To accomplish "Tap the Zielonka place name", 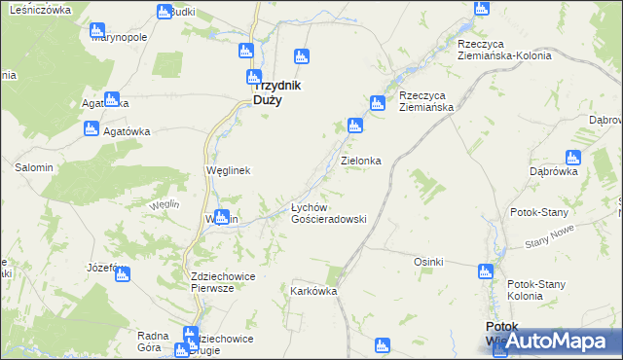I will [359, 160].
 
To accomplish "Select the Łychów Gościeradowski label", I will [328, 213].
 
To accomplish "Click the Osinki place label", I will [428, 262].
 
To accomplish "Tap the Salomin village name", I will [33, 167].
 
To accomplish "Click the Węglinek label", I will [229, 170].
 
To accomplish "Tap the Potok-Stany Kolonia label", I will [538, 290].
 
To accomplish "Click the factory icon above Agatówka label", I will [92, 127].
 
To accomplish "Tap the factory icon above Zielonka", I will [355, 125].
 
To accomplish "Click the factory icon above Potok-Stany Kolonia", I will [486, 272].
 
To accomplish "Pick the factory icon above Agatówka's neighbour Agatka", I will [112, 98].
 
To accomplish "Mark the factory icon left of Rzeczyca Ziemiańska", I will [377, 102].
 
